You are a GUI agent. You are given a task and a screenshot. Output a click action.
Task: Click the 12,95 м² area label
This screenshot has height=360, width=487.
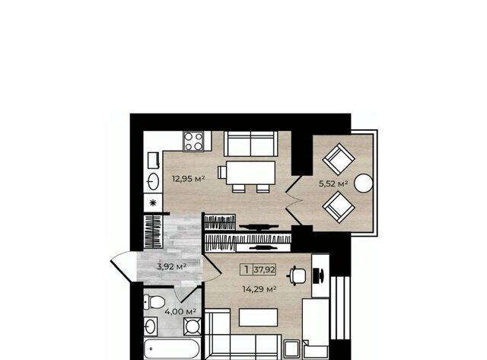pos(189,179)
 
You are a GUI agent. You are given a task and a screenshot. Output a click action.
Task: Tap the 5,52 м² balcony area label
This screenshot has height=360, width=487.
pos(333,183)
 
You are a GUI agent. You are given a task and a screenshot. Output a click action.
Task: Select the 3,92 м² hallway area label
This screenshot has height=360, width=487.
pos(172,266)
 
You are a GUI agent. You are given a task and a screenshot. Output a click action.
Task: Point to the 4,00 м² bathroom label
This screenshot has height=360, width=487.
pos(180,311)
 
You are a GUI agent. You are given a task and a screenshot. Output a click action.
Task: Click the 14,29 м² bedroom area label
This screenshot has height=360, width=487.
pos(259,289)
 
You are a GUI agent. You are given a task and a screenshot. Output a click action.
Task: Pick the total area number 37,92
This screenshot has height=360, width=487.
pos(265,269)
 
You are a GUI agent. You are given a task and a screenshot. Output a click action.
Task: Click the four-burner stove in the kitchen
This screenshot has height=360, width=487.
pos(193,141)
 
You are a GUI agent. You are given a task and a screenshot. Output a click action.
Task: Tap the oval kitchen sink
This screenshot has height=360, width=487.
pos(154,181)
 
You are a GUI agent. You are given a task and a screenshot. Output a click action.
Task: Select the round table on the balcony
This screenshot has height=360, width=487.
pos(364,183)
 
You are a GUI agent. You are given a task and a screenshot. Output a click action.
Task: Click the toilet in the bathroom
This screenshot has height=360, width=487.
pos(154,302)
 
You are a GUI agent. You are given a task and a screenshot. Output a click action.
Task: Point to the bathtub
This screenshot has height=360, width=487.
pos(172,349)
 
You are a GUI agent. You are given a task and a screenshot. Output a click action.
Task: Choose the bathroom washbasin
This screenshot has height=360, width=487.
pos(151,327)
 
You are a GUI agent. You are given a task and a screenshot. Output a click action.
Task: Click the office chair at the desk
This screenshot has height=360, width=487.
pos(298,276)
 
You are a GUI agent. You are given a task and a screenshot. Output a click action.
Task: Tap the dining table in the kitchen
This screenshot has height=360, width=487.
pos(250,173)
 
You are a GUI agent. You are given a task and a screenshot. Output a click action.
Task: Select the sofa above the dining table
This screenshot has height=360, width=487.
pos(250,144)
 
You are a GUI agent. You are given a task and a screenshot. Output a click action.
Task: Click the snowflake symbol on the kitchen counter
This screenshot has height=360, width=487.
pos(153,203)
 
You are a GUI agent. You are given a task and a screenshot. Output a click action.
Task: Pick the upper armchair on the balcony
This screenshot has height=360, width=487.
pos(339,159)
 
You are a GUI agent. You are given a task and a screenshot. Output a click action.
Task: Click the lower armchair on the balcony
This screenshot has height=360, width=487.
pos(339,207)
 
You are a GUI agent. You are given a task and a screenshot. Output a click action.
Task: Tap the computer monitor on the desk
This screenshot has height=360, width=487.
pos(319,276)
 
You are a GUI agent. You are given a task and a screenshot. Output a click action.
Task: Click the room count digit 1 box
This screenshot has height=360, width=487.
pos(247,269)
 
